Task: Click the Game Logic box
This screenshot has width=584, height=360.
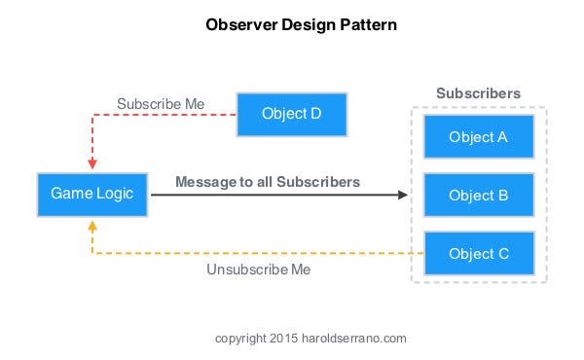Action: coord(92,195)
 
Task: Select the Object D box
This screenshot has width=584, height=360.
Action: coord(291,114)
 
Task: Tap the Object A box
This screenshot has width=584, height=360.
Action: coord(478,137)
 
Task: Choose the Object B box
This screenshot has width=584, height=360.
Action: coord(478,195)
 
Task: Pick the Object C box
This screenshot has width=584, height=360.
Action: coord(478,254)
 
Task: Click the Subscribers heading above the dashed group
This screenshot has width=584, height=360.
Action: coord(478,93)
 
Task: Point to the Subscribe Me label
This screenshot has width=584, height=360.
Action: coord(161,103)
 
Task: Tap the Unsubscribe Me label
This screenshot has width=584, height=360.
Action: coord(259,270)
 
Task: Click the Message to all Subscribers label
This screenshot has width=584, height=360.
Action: coord(268,182)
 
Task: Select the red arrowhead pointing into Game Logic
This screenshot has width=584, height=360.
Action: coord(92,163)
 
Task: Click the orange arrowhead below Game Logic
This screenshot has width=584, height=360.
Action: coord(92,225)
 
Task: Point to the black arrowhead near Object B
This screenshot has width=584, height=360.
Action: coord(402,195)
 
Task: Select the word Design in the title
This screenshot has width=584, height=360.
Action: coord(307,25)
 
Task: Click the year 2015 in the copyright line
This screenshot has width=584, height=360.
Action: coord(281,339)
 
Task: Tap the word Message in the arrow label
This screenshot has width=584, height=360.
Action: coord(203,182)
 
